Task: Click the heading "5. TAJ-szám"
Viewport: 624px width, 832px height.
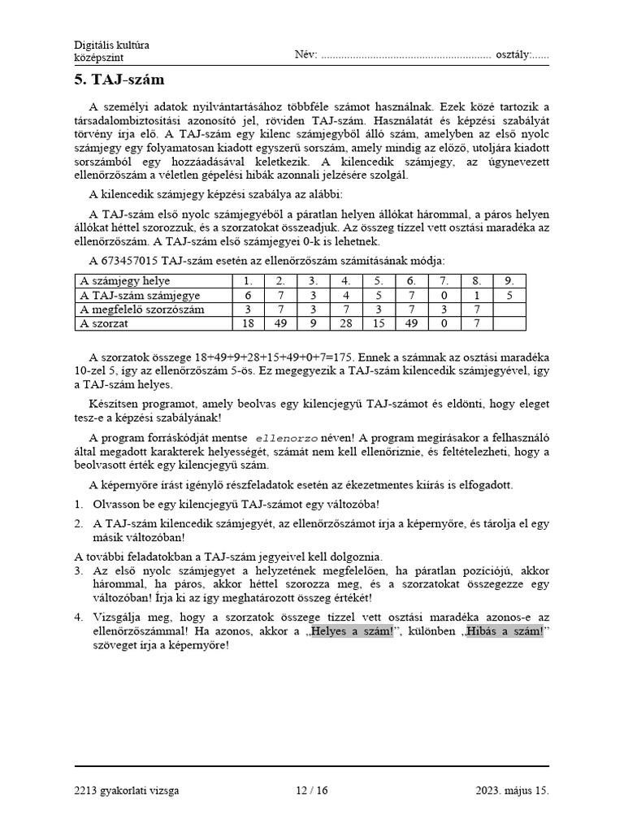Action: click(119, 80)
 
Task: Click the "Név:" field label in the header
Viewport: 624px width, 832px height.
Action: click(305, 54)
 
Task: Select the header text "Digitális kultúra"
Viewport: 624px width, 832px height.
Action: click(111, 45)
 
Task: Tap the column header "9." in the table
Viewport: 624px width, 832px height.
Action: click(509, 281)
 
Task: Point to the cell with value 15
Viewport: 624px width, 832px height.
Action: click(378, 323)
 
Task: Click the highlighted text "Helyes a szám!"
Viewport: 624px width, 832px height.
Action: click(351, 631)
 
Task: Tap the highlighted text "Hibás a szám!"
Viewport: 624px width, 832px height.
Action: click(503, 631)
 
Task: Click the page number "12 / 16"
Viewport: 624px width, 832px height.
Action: click(311, 790)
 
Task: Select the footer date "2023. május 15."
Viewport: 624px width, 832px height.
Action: click(513, 790)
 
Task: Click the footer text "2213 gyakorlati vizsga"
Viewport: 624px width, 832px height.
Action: click(126, 790)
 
